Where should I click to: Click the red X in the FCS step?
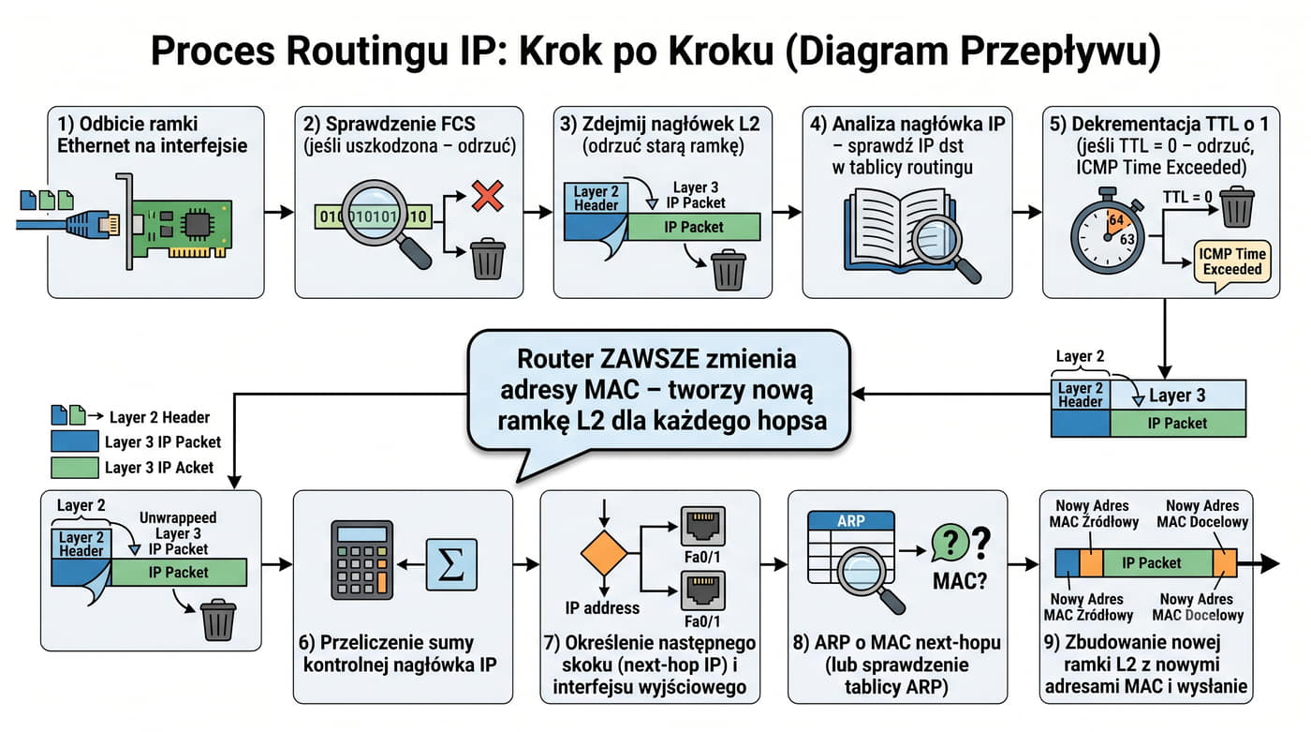pyautogui.click(x=488, y=196)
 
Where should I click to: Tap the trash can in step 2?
pyautogui.click(x=488, y=259)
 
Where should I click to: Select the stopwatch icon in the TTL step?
pyautogui.click(x=1107, y=231)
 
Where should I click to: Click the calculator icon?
pyautogui.click(x=361, y=560)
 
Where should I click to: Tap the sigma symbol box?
pyautogui.click(x=451, y=564)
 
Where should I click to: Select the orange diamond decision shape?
pyautogui.click(x=604, y=553)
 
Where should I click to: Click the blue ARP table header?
pyautogui.click(x=851, y=520)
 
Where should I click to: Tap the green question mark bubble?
pyautogui.click(x=950, y=542)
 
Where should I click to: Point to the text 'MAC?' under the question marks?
pyautogui.click(x=960, y=581)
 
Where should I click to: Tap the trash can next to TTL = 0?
pyautogui.click(x=1237, y=207)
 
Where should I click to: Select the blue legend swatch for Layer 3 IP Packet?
pyautogui.click(x=75, y=441)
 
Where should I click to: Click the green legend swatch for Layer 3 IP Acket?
pyautogui.click(x=75, y=468)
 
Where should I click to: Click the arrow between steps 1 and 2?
pyautogui.click(x=279, y=212)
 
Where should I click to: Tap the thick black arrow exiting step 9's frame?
pyautogui.click(x=1259, y=563)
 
